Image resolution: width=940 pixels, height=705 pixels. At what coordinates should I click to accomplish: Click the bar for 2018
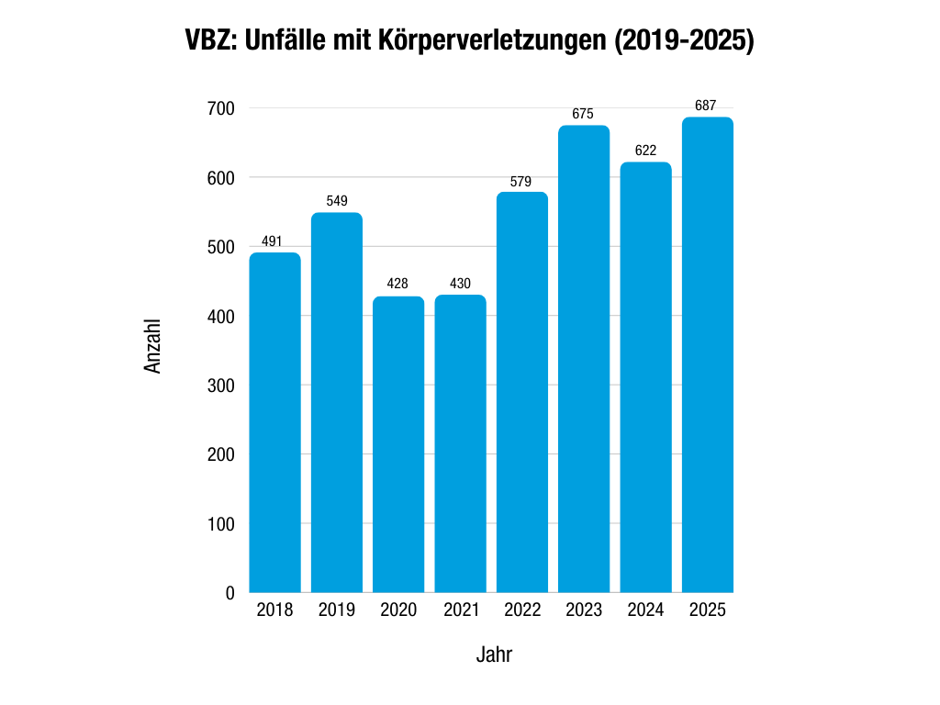(x=275, y=422)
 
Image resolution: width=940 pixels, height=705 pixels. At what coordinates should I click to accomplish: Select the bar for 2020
(x=398, y=444)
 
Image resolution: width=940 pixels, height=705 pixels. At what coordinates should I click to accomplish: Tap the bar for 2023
(x=584, y=359)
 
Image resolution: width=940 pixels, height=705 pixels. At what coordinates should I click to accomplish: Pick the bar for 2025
(x=707, y=354)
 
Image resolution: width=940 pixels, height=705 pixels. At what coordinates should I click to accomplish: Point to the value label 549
(x=337, y=201)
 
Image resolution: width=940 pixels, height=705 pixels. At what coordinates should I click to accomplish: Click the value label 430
(x=460, y=284)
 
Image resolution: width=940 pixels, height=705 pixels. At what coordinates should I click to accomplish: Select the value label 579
(x=521, y=182)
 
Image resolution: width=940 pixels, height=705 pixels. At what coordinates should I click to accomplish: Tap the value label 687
(x=706, y=106)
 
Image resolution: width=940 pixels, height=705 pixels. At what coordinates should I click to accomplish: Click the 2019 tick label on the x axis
(x=337, y=610)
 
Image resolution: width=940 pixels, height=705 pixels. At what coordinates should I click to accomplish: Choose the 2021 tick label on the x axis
(x=460, y=610)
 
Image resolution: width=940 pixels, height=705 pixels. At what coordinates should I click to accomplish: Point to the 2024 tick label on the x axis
(x=645, y=610)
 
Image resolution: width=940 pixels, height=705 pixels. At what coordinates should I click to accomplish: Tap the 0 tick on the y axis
(x=229, y=593)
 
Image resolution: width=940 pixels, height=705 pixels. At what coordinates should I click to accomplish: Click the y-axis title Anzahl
(x=153, y=346)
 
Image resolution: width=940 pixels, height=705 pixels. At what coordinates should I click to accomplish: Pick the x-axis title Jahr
(x=494, y=655)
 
